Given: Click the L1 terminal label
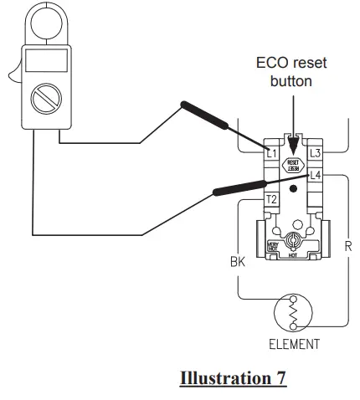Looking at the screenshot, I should click(270, 153).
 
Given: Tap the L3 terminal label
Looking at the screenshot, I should click(315, 153).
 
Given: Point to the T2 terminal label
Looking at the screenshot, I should click(270, 199).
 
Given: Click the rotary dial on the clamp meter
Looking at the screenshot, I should click(41, 100).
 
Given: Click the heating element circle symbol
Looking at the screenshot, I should click(292, 314).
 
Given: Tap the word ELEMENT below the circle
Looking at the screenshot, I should click(292, 344).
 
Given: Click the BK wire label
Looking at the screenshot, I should click(237, 262).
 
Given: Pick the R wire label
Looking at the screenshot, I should click(346, 248).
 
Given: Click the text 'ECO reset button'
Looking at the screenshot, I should click(291, 73).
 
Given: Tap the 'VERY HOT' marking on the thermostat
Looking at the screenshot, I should click(272, 248).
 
